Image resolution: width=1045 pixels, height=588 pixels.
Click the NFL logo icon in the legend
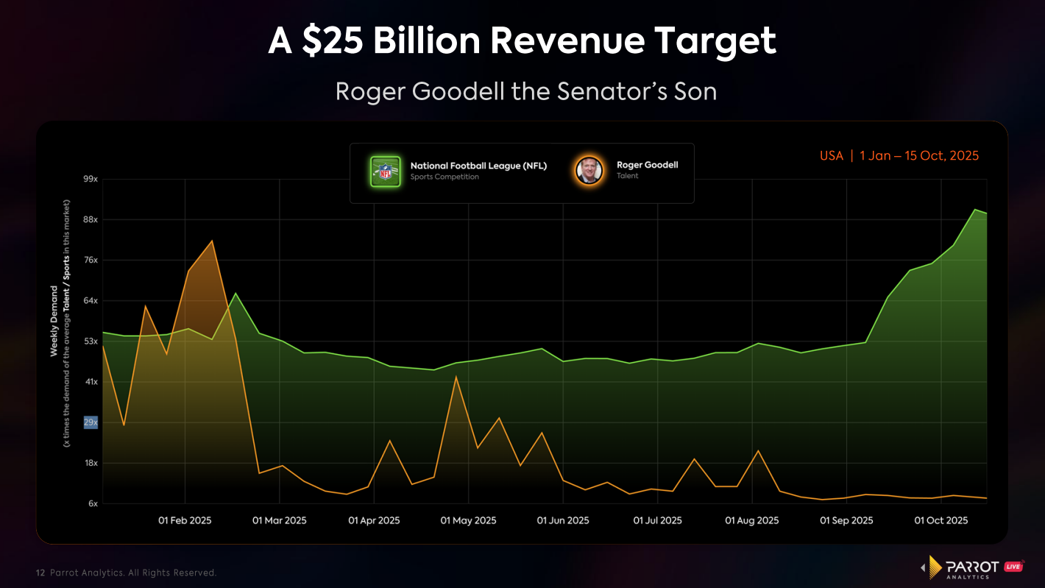coord(385,171)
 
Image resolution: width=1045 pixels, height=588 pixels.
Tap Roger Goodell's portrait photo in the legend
coord(589,171)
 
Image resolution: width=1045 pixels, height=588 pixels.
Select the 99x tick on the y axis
coord(91,179)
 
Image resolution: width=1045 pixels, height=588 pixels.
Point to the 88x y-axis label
coord(91,220)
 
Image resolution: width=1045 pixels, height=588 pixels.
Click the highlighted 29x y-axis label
coord(91,422)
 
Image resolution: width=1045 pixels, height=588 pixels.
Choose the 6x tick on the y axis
coord(93,503)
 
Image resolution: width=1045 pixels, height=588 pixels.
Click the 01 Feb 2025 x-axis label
coord(185,520)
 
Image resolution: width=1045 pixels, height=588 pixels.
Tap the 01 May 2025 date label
coord(468,520)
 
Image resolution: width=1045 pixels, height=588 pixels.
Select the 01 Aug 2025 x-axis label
coord(751,520)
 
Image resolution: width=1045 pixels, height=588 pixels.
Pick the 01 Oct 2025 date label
coord(941,520)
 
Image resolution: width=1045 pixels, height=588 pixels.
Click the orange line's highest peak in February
coord(212,241)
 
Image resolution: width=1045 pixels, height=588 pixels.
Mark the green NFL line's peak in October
coord(975,210)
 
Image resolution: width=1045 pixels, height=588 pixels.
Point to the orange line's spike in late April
coord(456,377)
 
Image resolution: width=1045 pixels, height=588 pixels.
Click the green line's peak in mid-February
coord(235,294)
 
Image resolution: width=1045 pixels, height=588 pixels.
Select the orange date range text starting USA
coord(899,156)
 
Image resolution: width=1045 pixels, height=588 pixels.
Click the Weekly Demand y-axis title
coord(54,322)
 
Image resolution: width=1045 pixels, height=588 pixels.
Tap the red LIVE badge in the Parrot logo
coord(1014,566)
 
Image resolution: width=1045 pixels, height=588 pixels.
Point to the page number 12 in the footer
coord(41,573)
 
